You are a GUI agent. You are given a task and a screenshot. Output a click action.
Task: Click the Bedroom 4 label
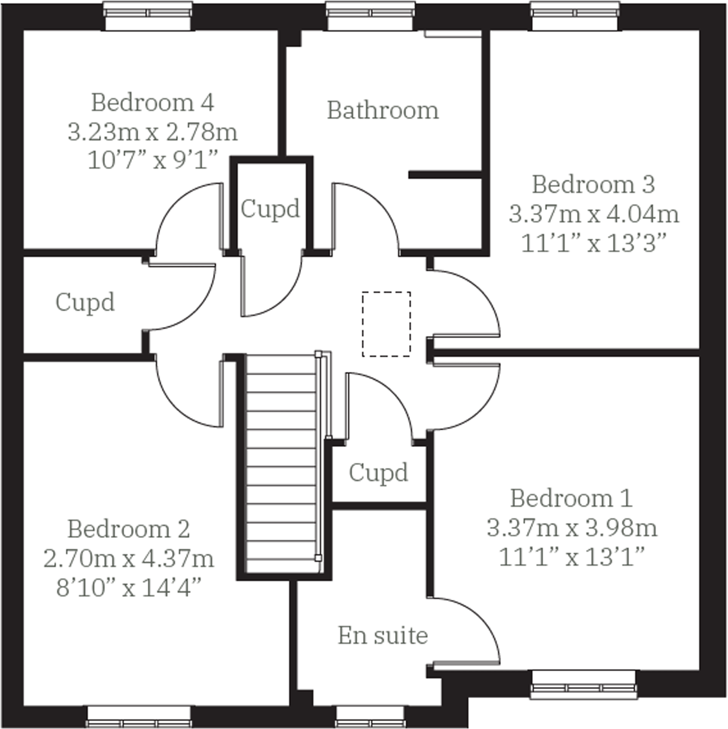click(x=152, y=103)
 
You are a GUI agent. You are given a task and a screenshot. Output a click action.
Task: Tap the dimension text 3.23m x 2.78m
click(x=152, y=132)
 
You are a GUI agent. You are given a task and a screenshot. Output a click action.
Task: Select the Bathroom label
click(x=383, y=110)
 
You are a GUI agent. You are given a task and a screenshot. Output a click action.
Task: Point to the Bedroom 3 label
click(x=593, y=185)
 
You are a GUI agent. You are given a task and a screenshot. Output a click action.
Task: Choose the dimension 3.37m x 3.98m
click(x=572, y=528)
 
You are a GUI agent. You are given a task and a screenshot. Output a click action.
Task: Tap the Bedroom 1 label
click(x=571, y=498)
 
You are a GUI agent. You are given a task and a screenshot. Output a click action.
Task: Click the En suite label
click(x=383, y=635)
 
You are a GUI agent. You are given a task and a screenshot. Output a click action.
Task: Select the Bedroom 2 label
click(x=128, y=529)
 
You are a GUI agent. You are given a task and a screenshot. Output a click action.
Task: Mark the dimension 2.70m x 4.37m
click(x=128, y=559)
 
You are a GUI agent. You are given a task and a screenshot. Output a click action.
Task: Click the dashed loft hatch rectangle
click(x=386, y=324)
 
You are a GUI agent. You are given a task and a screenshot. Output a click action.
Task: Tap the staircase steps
click(x=281, y=464)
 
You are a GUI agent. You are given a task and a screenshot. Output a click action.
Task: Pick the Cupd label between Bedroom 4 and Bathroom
click(x=270, y=209)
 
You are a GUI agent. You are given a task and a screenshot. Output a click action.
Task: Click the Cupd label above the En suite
click(x=378, y=473)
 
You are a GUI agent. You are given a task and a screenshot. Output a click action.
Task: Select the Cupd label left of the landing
click(x=85, y=302)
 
